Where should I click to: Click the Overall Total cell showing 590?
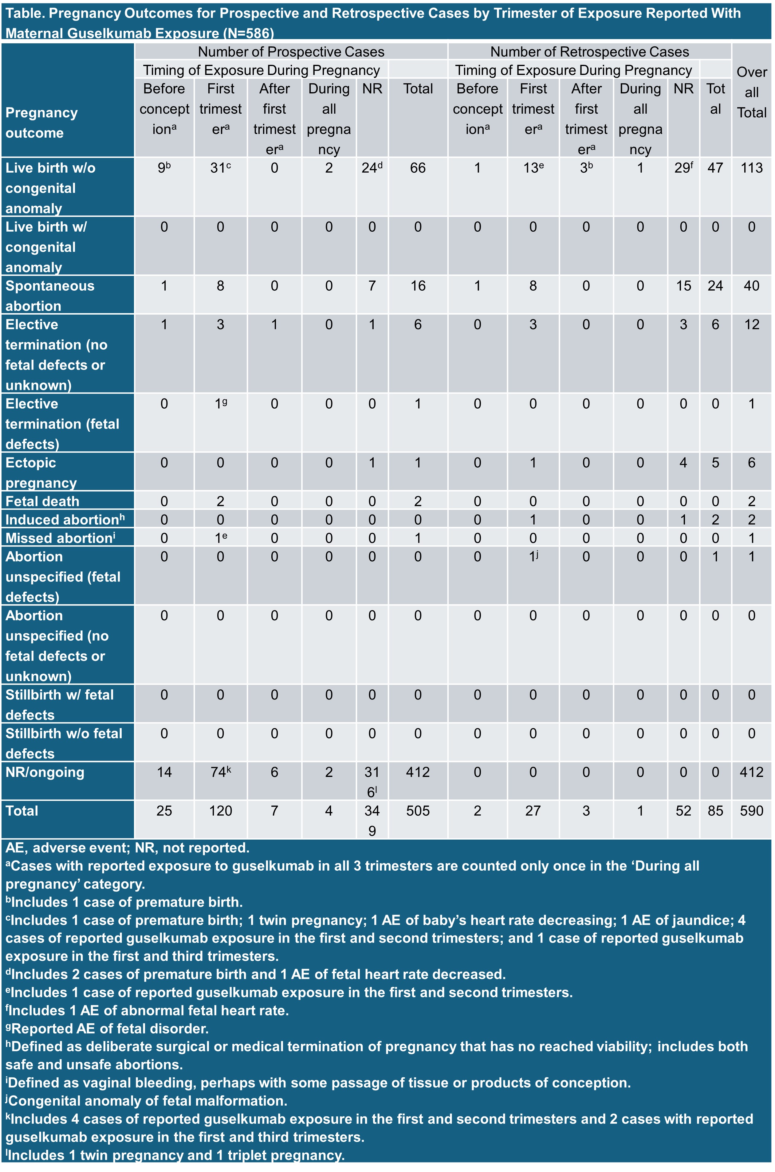click(x=751, y=811)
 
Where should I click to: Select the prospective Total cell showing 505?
click(x=418, y=811)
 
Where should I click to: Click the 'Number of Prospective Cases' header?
click(x=291, y=52)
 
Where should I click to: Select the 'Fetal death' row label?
click(x=42, y=501)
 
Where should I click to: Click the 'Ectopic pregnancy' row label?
click(x=41, y=472)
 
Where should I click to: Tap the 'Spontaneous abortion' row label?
click(x=49, y=296)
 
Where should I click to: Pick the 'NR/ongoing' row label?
click(x=45, y=772)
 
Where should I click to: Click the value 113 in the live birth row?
click(x=751, y=168)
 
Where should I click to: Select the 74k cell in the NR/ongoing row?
click(x=220, y=772)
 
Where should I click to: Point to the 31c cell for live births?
click(x=220, y=168)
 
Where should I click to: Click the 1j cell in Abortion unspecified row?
click(x=533, y=557)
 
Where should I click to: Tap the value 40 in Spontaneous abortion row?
click(x=751, y=286)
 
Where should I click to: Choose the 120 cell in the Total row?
click(x=220, y=811)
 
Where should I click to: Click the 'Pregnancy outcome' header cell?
click(x=41, y=123)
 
